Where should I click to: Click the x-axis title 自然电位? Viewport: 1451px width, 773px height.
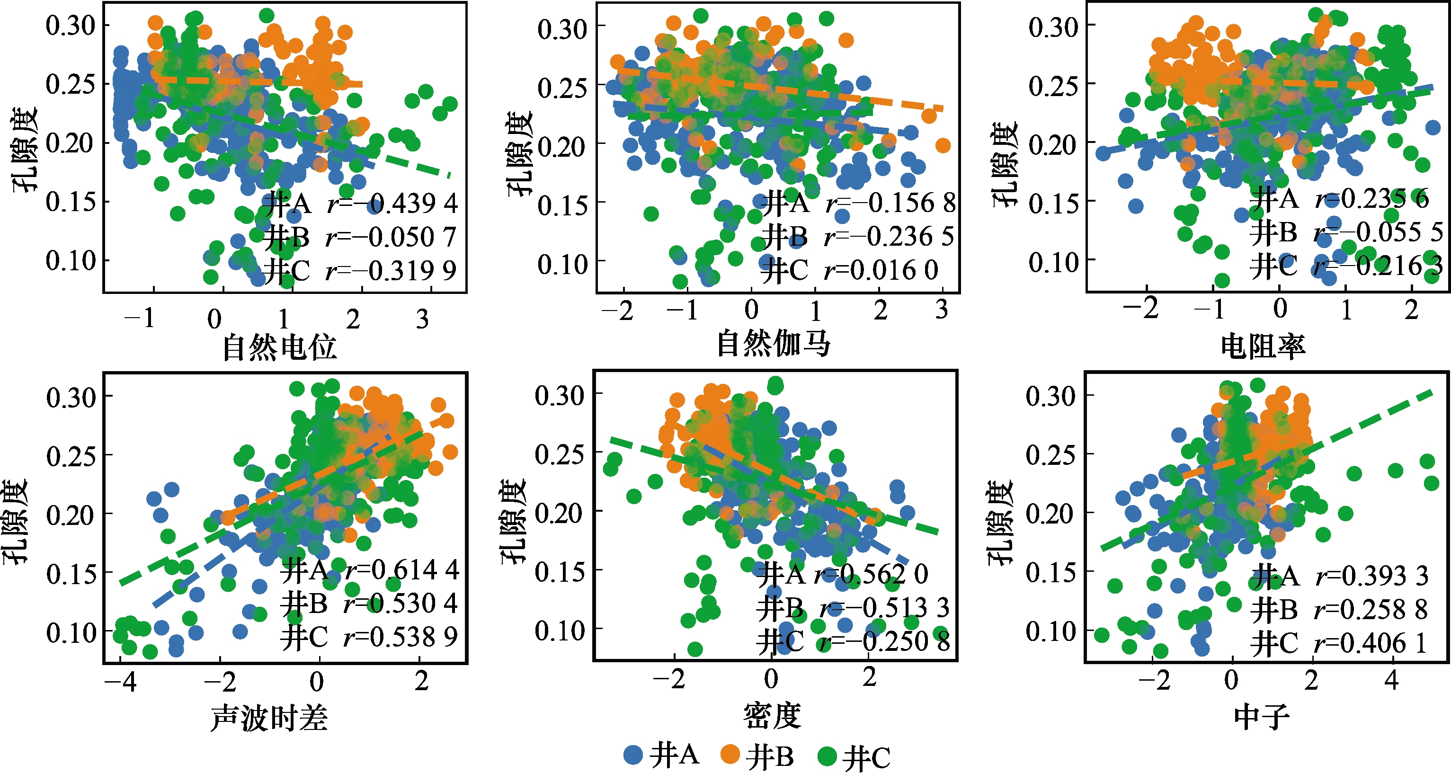(x=279, y=347)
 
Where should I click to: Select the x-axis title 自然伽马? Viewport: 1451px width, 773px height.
(x=774, y=344)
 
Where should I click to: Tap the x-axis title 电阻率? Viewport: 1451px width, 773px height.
(x=1263, y=346)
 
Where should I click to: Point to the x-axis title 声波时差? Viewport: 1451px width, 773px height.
(x=269, y=718)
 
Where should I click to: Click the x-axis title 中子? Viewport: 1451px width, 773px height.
(x=1262, y=717)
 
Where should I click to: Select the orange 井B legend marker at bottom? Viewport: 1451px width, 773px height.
(x=730, y=755)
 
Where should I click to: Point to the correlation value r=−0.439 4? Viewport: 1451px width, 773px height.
(x=392, y=204)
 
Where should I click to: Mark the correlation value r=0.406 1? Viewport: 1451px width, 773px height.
(x=1371, y=643)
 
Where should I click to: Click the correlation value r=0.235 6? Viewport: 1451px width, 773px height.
(x=1372, y=199)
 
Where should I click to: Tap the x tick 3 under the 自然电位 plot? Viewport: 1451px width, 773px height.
(x=422, y=320)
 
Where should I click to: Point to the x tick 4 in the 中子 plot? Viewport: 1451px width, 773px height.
(x=1392, y=681)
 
